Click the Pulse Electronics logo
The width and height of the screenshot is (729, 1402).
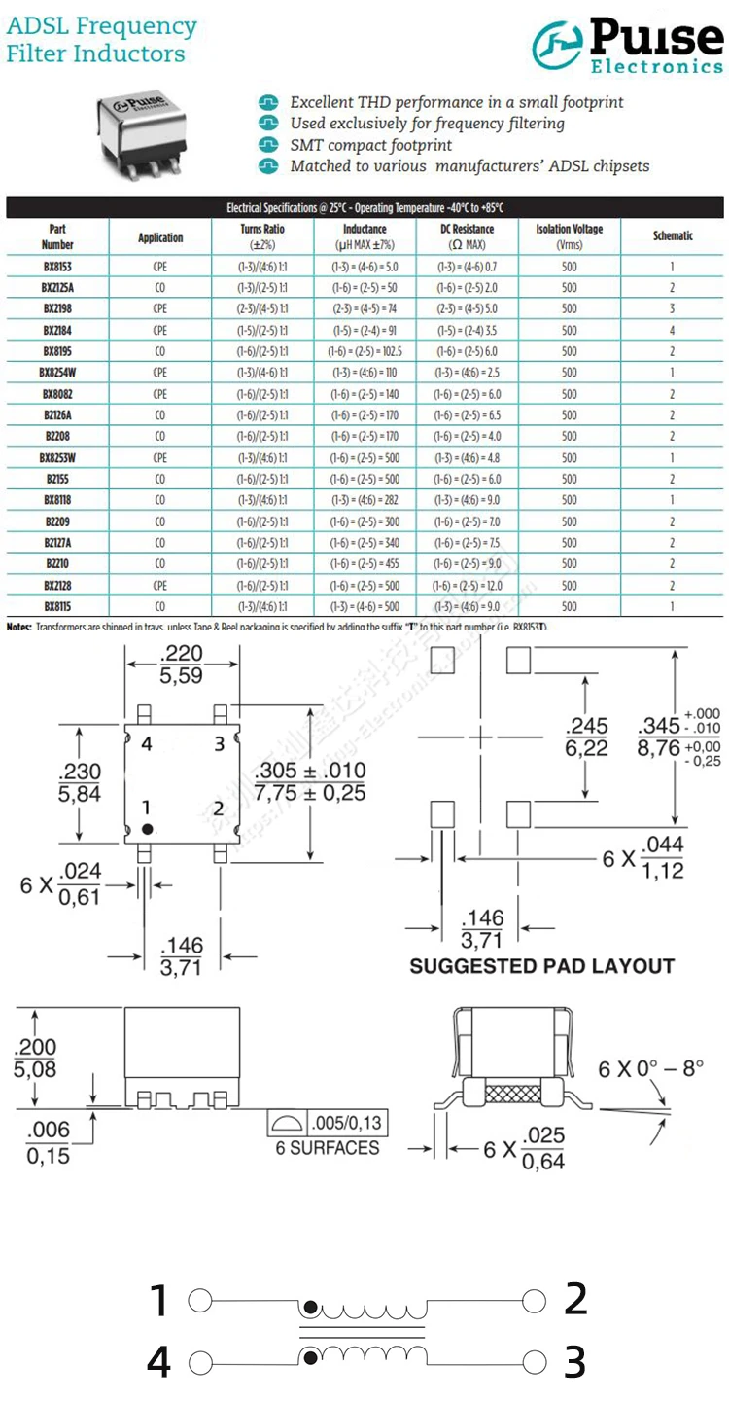[628, 46]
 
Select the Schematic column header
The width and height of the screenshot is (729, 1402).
[672, 236]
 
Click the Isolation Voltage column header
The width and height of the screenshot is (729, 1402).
[569, 236]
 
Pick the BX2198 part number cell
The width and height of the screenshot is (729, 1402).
[57, 308]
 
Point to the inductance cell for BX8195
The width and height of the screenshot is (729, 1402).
[364, 351]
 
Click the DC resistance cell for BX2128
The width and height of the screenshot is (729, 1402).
[467, 586]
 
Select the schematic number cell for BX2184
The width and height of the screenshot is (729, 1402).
[672, 330]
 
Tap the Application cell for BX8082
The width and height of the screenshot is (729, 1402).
[160, 394]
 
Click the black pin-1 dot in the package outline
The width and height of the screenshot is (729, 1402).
[148, 829]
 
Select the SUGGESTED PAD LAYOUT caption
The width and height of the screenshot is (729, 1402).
[541, 966]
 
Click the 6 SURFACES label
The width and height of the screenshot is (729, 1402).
[328, 1147]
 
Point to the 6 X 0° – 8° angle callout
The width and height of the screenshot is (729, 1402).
[650, 1068]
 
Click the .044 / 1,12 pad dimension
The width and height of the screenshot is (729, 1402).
[664, 856]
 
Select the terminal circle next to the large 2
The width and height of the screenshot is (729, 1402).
[532, 1301]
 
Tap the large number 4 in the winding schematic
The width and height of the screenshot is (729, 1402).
[159, 1361]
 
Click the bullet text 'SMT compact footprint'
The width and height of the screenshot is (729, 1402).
[370, 145]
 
